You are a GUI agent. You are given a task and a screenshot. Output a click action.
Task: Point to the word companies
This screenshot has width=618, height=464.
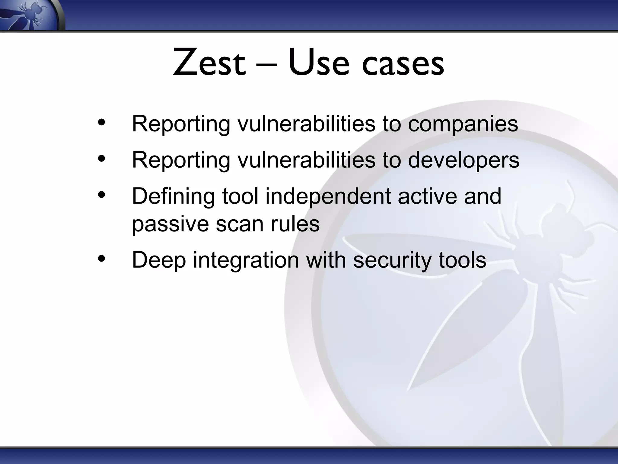click(463, 124)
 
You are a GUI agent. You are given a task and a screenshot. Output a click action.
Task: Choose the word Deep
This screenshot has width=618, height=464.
click(159, 261)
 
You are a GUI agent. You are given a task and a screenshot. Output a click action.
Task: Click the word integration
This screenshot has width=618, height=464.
click(246, 261)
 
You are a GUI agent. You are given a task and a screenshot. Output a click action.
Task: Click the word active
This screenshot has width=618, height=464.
click(428, 196)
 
